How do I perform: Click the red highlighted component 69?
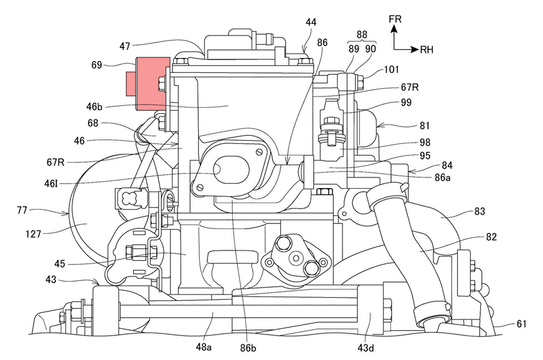[x=149, y=80]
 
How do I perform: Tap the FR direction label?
[x=395, y=19]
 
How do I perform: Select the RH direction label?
[x=428, y=49]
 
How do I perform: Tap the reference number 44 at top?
[x=310, y=22]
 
